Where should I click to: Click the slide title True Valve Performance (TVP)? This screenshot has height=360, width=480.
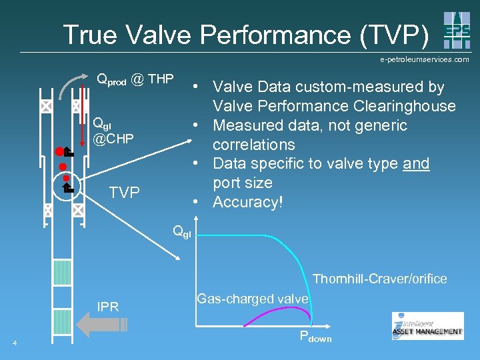click(246, 35)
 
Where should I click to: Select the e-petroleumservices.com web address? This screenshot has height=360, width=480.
click(425, 59)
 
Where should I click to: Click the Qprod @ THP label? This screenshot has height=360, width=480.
click(135, 81)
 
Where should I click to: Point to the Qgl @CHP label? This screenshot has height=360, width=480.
click(113, 131)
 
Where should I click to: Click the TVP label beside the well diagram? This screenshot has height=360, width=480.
click(124, 193)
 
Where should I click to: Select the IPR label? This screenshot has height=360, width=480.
click(108, 307)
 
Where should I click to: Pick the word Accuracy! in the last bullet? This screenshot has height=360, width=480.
click(248, 202)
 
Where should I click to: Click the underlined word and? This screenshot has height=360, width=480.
click(417, 163)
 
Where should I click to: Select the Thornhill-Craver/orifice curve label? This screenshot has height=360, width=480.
click(380, 279)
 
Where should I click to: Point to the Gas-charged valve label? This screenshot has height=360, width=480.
click(253, 299)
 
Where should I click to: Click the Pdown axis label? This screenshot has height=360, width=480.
click(315, 337)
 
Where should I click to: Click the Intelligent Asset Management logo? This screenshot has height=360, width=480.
click(427, 326)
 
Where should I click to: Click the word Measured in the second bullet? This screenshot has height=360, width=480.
click(253, 125)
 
